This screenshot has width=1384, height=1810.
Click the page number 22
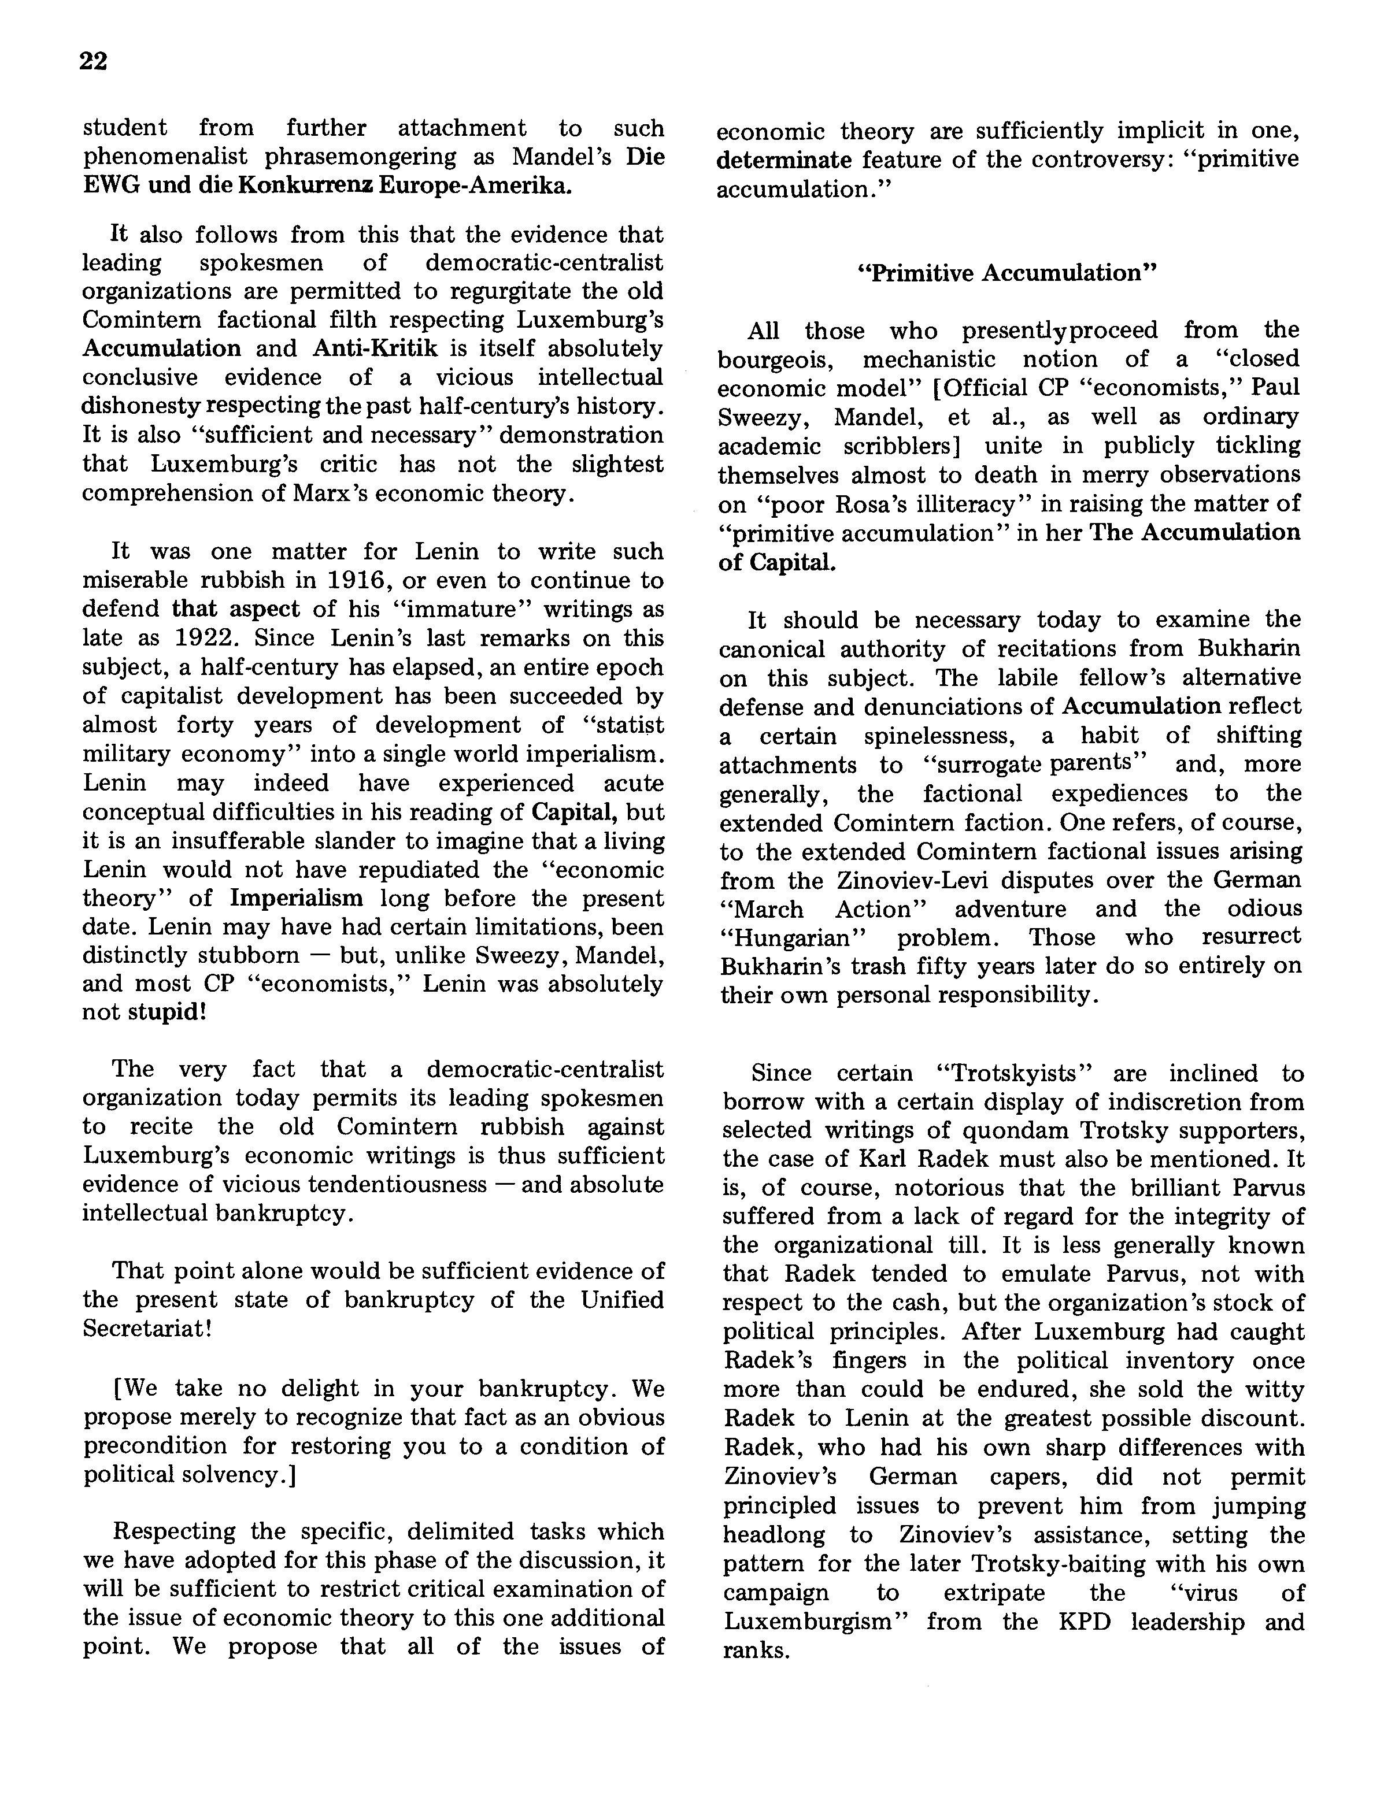(x=94, y=62)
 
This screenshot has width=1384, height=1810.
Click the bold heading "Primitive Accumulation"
(x=1006, y=273)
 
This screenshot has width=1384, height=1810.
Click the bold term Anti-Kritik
(x=375, y=348)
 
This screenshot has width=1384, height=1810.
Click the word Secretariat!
(x=148, y=1329)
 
